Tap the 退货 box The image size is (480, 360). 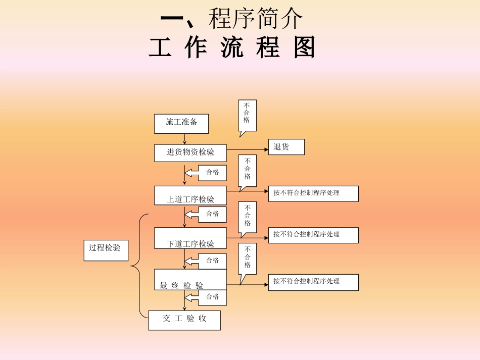286,147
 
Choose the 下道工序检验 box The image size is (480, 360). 190,238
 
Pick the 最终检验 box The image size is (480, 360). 190,279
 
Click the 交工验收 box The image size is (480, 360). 184,320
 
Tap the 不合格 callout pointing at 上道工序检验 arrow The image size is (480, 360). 248,170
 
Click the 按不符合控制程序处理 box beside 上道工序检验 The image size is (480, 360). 313,193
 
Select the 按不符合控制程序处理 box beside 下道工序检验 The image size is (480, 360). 313,235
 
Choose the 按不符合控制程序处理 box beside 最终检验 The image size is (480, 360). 313,282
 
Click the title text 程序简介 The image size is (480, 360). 255,19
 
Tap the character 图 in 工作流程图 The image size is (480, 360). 304,47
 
